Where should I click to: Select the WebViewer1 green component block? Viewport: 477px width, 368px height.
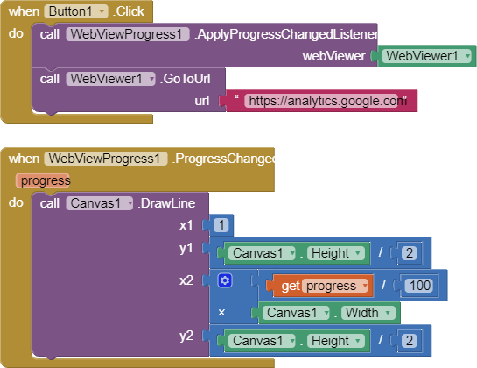click(426, 56)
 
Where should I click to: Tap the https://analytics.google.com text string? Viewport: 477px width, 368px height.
click(325, 101)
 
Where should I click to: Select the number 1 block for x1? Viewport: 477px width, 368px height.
click(221, 225)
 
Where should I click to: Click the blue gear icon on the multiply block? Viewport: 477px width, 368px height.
click(225, 280)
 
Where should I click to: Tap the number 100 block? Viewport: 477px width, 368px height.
click(420, 286)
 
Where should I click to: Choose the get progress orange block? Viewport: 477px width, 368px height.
click(319, 286)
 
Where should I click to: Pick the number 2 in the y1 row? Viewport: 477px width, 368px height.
click(409, 253)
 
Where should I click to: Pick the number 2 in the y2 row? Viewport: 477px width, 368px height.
click(409, 341)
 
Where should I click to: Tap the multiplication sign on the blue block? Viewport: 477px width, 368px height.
click(221, 312)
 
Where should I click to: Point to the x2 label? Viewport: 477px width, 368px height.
click(186, 280)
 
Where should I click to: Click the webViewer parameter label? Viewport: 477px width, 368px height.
click(333, 56)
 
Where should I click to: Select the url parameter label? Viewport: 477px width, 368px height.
click(202, 101)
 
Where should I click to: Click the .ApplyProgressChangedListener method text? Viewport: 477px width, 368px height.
click(286, 34)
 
